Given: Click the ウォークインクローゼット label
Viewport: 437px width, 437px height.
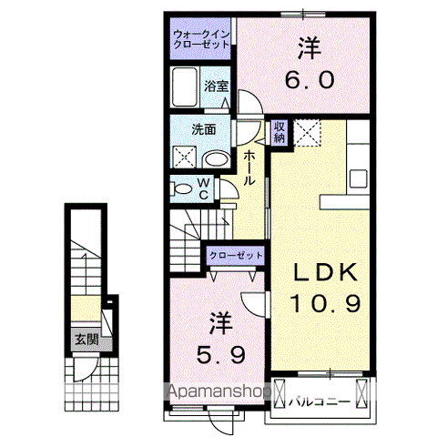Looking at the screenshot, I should (202, 40).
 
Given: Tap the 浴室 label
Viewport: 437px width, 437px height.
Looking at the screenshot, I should (216, 87).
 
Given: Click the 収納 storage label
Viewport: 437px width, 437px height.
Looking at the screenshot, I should (279, 132).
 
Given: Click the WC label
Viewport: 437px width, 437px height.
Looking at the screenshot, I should (205, 189).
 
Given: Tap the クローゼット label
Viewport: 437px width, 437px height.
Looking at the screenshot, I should (236, 256).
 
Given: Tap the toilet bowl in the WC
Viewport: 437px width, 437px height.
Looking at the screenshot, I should (182, 189).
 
